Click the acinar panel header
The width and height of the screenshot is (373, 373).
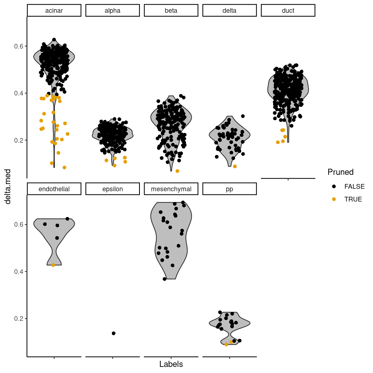(54, 11)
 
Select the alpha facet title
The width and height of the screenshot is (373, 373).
(112, 11)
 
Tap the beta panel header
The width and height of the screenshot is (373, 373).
(171, 11)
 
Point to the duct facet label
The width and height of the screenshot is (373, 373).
(288, 11)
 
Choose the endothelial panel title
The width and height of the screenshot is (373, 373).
(54, 189)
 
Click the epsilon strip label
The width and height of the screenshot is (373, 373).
(112, 189)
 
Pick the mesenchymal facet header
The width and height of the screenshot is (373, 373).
(171, 189)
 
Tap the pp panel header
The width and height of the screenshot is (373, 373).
(229, 189)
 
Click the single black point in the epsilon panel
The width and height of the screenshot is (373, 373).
(114, 333)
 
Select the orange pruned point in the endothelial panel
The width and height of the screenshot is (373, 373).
(53, 265)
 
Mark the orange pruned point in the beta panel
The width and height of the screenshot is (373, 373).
(177, 171)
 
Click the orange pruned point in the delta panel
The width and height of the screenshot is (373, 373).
(235, 167)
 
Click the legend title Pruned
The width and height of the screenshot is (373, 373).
(340, 172)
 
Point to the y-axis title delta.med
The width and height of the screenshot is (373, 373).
(8, 186)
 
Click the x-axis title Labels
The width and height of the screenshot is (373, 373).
(171, 364)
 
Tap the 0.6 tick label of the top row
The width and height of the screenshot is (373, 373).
(19, 46)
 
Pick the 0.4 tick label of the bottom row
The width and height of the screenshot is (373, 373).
(19, 271)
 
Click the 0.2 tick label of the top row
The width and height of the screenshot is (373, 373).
(19, 140)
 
